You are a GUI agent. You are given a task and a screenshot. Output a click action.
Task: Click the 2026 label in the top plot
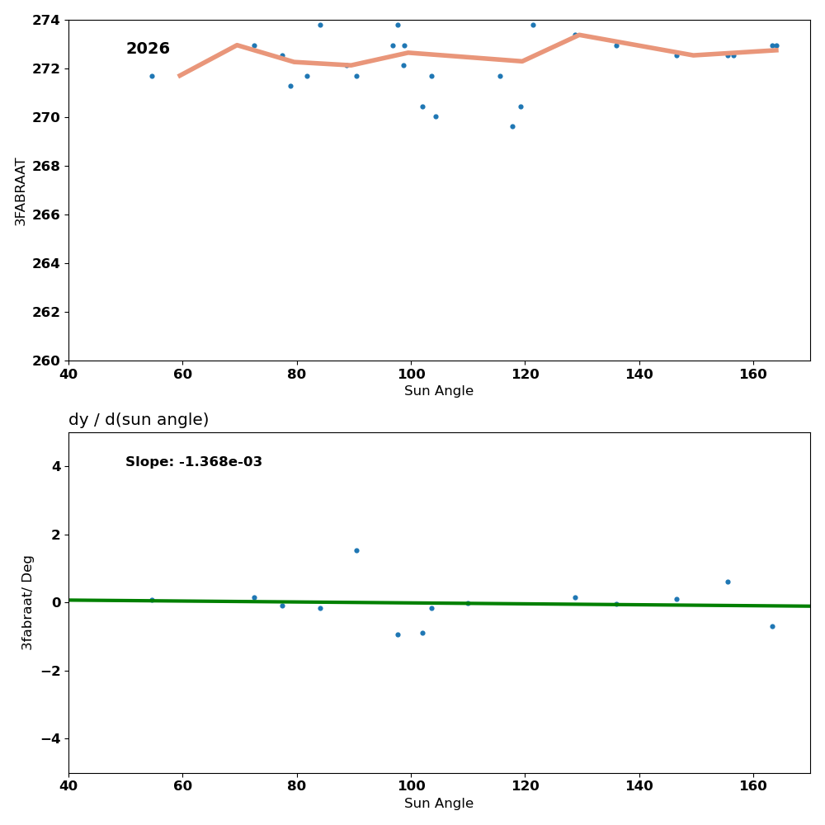pos(148,49)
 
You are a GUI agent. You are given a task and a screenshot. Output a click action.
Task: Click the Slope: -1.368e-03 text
pos(194,462)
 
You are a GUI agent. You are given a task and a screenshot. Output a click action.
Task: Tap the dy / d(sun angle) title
pos(139,420)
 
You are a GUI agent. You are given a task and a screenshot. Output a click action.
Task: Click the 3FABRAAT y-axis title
pos(21,191)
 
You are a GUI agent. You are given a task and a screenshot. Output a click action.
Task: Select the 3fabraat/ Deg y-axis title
pos(28,602)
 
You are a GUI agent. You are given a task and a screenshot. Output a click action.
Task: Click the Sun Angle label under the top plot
pos(439,391)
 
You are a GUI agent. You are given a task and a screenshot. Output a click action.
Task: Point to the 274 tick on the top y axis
pos(47,20)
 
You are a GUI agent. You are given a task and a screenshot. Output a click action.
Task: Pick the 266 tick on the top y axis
pos(47,214)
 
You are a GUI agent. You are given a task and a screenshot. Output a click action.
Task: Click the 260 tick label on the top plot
pos(47,361)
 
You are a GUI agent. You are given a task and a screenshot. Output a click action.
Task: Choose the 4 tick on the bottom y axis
pos(56,466)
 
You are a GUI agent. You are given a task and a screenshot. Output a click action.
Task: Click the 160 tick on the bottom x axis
pos(753,786)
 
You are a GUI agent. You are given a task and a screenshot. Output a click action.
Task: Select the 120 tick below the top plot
pos(525,374)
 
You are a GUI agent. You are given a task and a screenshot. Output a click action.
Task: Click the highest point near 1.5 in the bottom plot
pos(356,550)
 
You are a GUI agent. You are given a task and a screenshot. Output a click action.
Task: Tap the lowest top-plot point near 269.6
pos(512,126)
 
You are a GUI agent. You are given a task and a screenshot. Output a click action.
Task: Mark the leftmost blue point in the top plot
pos(152,76)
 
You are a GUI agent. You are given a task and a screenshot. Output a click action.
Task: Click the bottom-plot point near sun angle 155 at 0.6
pos(728,582)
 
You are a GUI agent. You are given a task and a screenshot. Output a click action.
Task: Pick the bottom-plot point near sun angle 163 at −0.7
pos(772,626)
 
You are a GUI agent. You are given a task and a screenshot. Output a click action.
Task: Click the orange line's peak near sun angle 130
pos(579,35)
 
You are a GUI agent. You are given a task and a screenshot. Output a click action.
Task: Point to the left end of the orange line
pos(179,76)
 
